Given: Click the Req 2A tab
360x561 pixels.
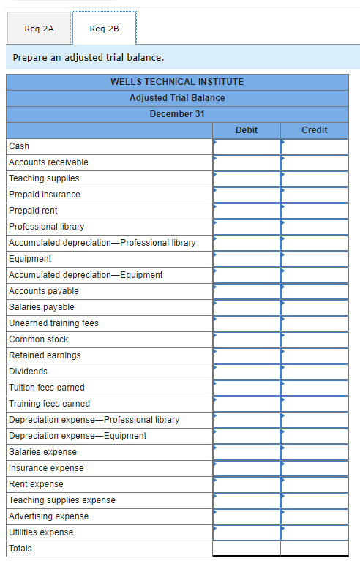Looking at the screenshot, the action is [x=39, y=29].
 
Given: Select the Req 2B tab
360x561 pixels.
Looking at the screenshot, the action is [x=104, y=29].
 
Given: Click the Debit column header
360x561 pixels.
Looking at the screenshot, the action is [x=247, y=130].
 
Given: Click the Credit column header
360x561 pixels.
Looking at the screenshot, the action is [x=315, y=130].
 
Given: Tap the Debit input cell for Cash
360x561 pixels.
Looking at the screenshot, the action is [x=247, y=146].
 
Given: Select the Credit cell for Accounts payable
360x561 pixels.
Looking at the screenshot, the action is [x=315, y=291].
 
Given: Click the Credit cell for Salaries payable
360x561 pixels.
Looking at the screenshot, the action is [x=315, y=307].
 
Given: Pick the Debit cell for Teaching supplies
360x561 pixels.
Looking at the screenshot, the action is [x=247, y=178].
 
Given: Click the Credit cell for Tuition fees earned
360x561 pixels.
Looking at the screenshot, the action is [x=315, y=388].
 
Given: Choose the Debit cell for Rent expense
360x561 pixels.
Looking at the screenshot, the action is [x=247, y=484].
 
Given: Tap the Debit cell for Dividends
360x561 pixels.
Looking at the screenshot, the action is [x=247, y=372].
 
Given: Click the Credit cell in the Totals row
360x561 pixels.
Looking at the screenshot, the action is [x=315, y=549].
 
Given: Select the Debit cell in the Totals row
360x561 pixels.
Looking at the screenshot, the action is [x=247, y=549].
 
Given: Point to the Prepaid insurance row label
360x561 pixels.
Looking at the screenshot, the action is [x=45, y=195].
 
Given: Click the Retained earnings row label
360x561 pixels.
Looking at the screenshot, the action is [x=45, y=355].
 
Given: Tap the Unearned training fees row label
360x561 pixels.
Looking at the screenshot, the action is [x=53, y=323].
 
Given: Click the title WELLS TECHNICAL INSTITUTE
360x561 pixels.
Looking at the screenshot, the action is [x=177, y=82].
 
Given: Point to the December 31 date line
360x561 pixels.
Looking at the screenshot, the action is [x=177, y=114].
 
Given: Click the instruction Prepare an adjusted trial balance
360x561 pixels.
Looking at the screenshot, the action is [x=89, y=57].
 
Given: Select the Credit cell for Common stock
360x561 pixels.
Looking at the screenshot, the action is [x=315, y=339].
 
